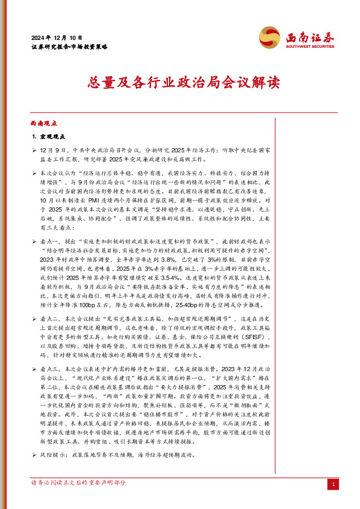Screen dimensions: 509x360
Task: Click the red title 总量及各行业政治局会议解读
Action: [179, 82]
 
